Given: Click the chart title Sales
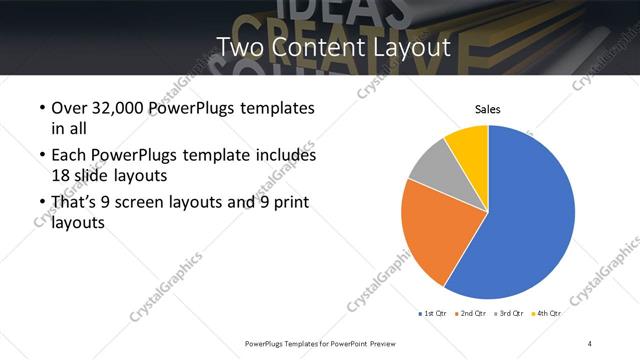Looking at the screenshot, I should coord(487,109).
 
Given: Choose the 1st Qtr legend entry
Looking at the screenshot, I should coord(433,313).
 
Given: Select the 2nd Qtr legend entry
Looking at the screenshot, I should coord(471,313).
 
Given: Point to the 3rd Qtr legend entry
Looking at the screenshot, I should coord(509,313).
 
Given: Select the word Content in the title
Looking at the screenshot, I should coord(322,47).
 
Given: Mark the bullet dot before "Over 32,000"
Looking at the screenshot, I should coord(41,109).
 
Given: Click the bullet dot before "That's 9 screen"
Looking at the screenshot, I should coord(41,204).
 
